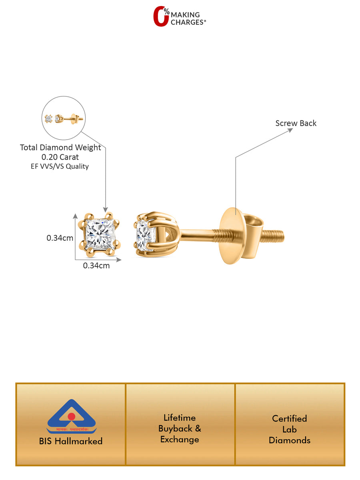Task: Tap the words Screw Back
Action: [x=296, y=123]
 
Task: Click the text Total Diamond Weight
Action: [x=60, y=148]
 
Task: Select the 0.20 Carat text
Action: [x=60, y=157]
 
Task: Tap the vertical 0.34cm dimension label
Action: [x=60, y=238]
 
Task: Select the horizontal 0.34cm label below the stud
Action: [x=96, y=265]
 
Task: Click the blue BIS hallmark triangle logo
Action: [x=71, y=414]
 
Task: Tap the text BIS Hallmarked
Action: [x=71, y=441]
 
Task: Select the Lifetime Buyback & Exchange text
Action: [x=180, y=429]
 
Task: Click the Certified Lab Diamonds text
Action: [x=289, y=429]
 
